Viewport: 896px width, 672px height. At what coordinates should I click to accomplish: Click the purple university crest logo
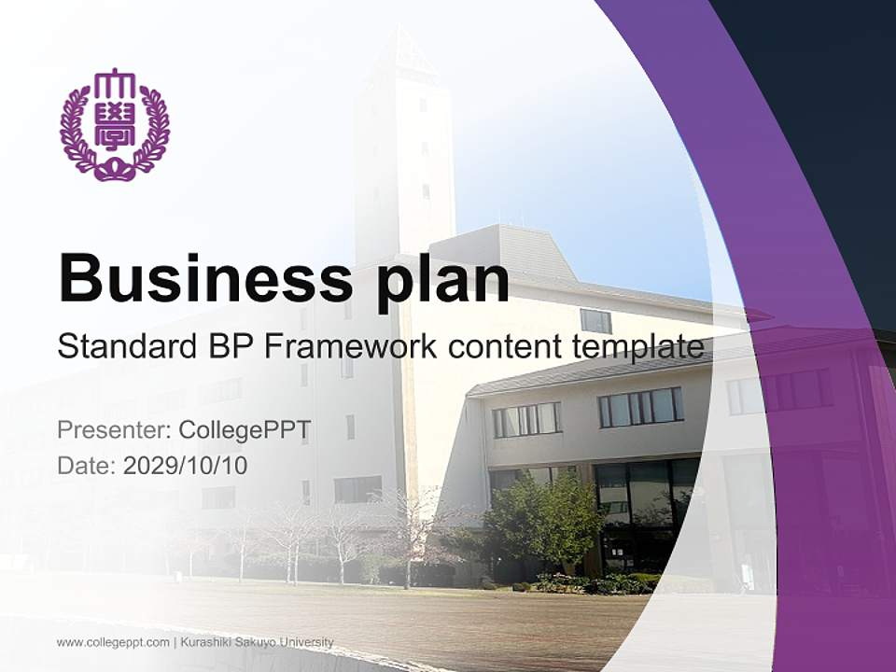115,125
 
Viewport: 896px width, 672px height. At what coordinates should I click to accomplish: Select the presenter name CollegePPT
245,430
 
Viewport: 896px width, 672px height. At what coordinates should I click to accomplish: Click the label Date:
87,465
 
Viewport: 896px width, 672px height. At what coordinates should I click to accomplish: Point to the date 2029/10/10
186,465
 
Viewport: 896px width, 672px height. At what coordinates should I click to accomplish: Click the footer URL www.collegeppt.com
113,642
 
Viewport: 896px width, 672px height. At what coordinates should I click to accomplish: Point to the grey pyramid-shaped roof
504,250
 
